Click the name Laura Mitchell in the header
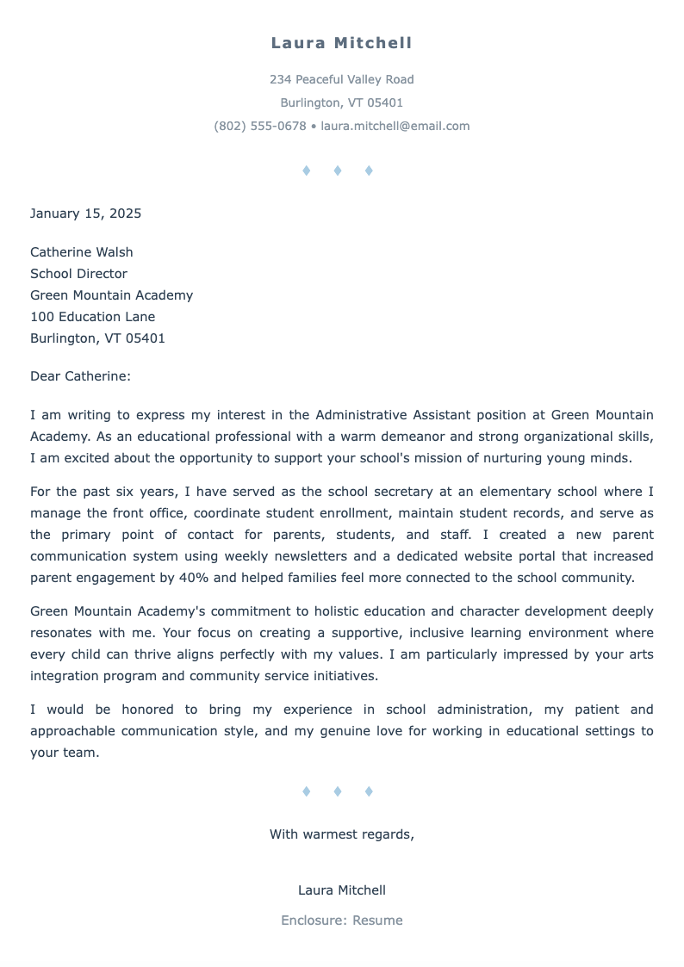click(341, 43)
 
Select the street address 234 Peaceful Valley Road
click(341, 79)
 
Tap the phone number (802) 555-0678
click(259, 126)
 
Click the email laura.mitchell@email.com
click(395, 126)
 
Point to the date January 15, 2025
click(85, 214)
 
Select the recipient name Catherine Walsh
click(81, 252)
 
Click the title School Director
click(78, 274)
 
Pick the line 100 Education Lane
click(92, 317)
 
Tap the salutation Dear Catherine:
click(80, 376)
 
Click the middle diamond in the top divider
click(338, 171)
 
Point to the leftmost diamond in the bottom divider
click(307, 791)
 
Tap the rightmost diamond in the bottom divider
click(369, 791)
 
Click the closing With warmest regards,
click(341, 834)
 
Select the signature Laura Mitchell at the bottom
click(341, 890)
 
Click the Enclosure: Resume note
click(341, 921)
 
